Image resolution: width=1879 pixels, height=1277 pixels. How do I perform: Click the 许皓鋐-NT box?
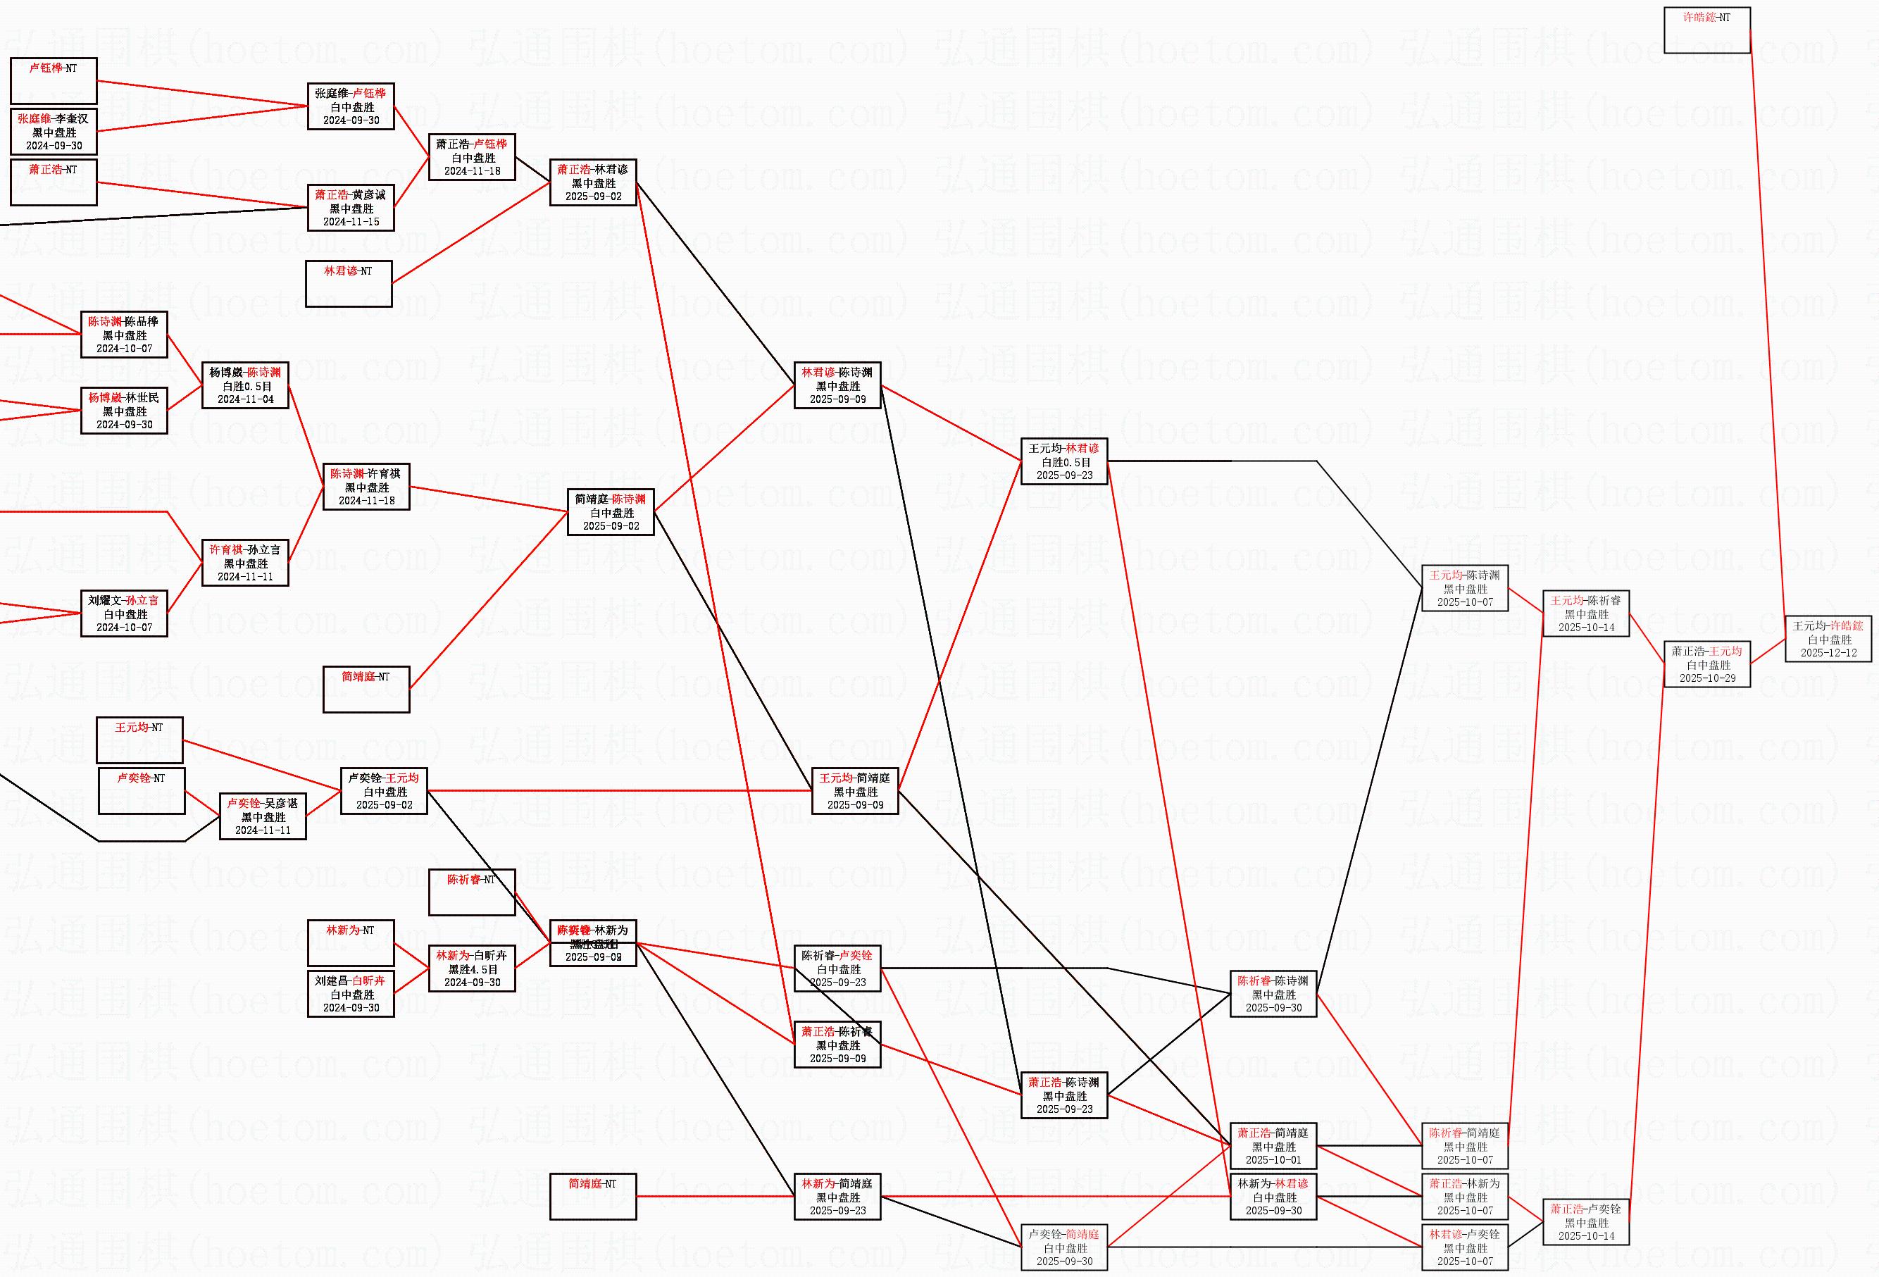coord(1706,30)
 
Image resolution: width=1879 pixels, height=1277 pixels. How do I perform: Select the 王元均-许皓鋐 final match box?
coord(1828,639)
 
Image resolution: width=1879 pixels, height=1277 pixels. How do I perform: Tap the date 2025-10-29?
coord(1706,678)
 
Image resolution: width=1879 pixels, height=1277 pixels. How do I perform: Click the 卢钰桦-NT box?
coord(54,81)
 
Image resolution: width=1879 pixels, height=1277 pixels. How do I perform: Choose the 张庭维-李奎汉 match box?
coord(54,132)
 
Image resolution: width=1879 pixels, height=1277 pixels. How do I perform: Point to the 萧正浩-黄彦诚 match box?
coord(351,208)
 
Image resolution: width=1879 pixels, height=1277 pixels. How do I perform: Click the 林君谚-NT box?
coord(349,284)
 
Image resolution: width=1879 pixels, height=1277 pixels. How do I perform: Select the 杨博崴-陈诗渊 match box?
coord(245,386)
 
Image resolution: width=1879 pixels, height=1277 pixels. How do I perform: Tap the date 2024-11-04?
coord(245,399)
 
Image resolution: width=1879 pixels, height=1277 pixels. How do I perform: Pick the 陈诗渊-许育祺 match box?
coord(366,487)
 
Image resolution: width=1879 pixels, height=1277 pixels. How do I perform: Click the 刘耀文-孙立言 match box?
coord(124,613)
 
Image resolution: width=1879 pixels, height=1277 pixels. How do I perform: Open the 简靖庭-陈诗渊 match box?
coord(611,512)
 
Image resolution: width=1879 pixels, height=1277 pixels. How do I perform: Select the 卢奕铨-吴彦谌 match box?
coord(263,817)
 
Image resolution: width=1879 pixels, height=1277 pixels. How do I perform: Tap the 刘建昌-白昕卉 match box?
coord(351,994)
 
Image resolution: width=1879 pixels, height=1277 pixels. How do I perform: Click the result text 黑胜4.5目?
coord(472,969)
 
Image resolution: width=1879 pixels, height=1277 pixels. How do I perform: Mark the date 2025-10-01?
coord(1273,1160)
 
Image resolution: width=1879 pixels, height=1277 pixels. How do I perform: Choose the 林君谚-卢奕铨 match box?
coord(1464,1247)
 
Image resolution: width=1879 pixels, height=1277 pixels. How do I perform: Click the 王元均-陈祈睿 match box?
coord(1585,613)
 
